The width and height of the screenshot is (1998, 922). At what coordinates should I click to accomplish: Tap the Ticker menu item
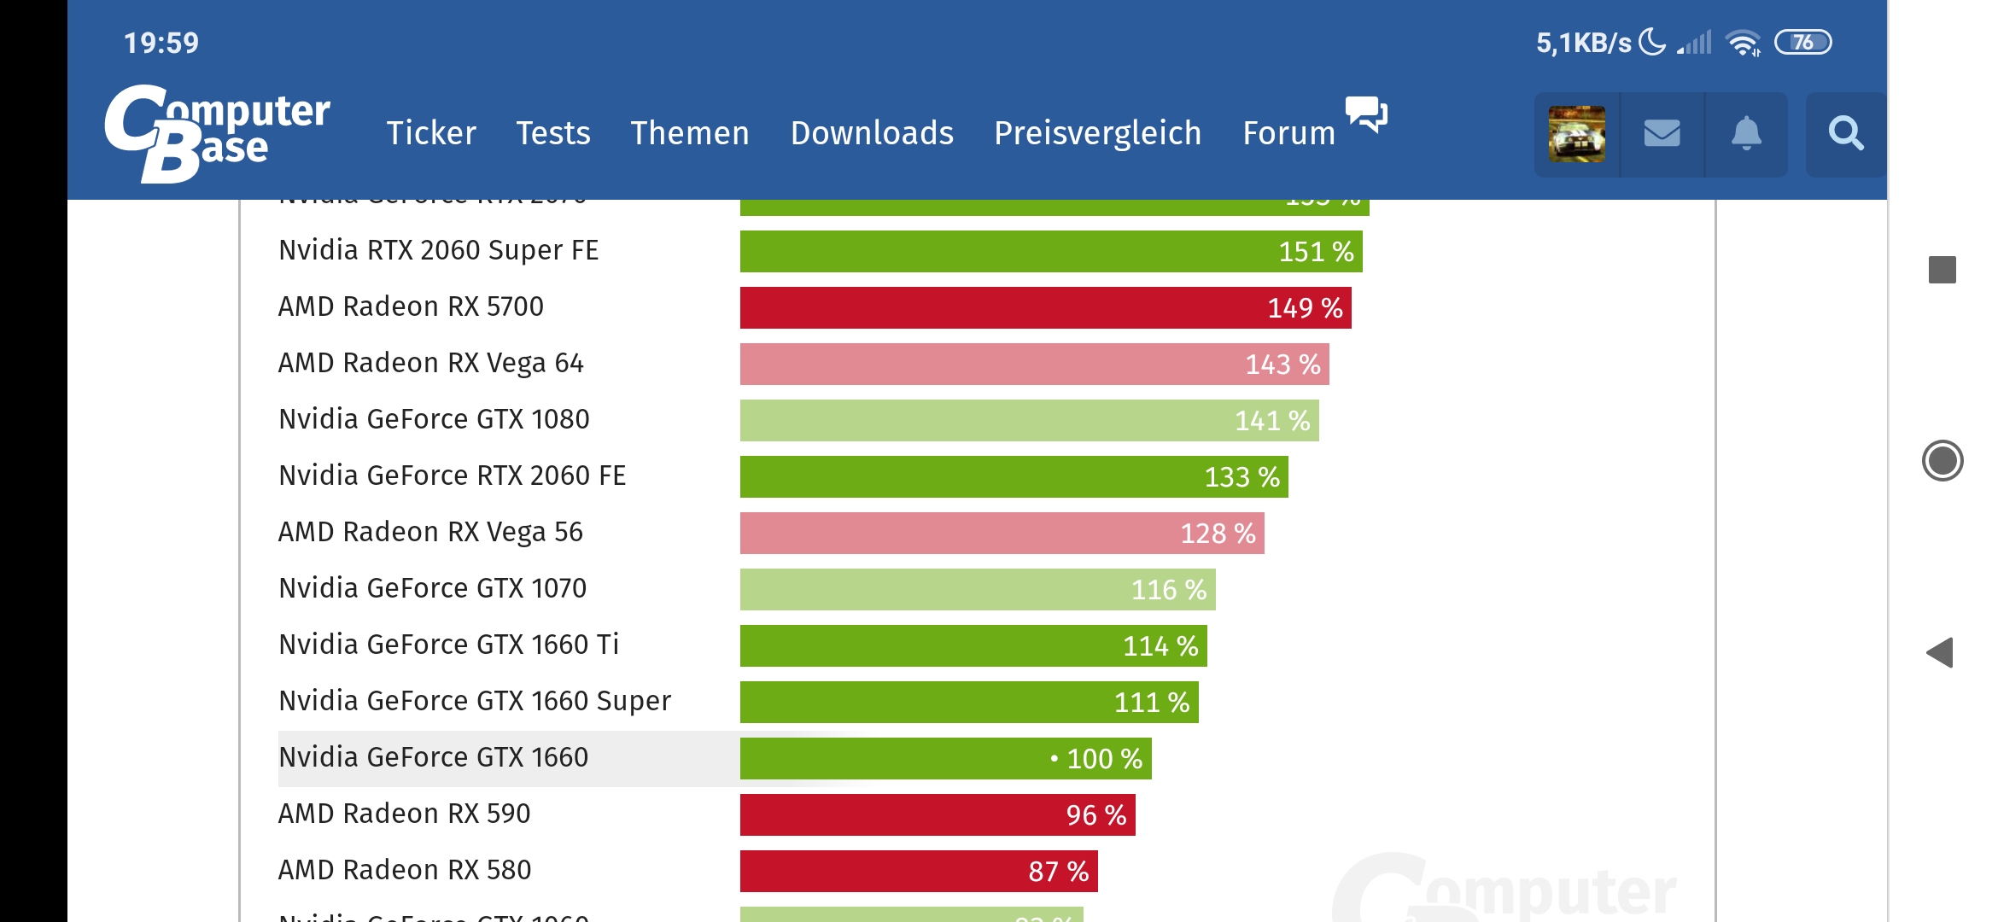(x=431, y=133)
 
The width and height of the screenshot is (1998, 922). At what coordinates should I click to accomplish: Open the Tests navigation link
(x=553, y=133)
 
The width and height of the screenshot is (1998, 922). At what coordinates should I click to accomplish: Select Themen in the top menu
(x=690, y=133)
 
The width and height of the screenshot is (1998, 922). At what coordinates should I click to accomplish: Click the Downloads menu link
(x=872, y=133)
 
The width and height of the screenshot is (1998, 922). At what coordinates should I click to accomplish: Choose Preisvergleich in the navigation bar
(x=1097, y=133)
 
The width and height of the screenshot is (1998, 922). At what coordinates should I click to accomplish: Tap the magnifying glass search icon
(x=1845, y=134)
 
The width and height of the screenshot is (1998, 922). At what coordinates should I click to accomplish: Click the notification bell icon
(x=1746, y=134)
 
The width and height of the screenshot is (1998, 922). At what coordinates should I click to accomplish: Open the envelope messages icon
(x=1662, y=134)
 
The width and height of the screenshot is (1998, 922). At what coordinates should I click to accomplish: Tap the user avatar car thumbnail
(x=1577, y=134)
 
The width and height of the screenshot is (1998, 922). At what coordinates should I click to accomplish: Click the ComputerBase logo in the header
(x=217, y=133)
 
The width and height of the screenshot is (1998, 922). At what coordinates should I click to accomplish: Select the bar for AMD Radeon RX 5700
(x=1045, y=307)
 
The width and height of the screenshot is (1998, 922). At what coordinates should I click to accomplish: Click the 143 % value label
(x=1282, y=365)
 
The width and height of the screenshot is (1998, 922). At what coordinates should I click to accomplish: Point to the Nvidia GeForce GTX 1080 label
(x=434, y=419)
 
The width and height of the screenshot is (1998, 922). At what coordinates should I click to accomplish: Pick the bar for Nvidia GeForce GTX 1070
(x=978, y=589)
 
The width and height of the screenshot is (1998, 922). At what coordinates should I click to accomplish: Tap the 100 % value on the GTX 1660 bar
(x=1104, y=759)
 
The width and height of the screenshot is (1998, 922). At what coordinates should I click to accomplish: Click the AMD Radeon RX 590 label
(x=405, y=814)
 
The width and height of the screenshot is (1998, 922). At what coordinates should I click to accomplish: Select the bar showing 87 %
(x=919, y=871)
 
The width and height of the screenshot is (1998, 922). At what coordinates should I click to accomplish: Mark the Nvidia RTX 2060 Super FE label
(x=439, y=250)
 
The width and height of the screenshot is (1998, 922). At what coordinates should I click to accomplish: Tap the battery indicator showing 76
(x=1802, y=42)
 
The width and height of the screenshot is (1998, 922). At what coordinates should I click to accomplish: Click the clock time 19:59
(x=161, y=43)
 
